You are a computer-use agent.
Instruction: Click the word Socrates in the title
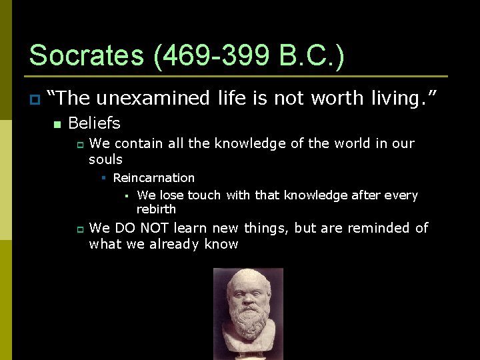[x=87, y=55]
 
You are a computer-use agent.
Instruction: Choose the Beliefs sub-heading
[x=94, y=123]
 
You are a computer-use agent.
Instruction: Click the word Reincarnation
[x=154, y=178]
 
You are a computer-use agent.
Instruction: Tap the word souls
[x=106, y=159]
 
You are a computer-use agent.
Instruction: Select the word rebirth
[x=156, y=209]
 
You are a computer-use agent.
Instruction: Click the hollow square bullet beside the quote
[x=34, y=99]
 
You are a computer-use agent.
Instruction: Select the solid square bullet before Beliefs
[x=57, y=124]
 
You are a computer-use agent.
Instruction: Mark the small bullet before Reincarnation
[x=104, y=178]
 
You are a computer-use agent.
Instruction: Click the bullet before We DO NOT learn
[x=79, y=229]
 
